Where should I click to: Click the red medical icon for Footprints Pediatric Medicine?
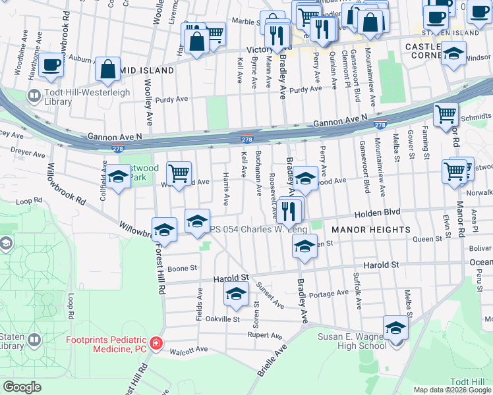tap(156, 344)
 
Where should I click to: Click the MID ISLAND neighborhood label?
tap(147, 70)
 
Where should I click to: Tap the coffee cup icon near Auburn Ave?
tap(51, 65)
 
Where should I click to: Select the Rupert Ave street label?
tap(265, 335)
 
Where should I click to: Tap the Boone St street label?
tap(183, 268)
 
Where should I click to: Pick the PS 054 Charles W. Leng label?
tap(250, 229)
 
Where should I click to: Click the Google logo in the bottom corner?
tap(22, 387)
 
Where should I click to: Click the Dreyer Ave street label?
tap(28, 153)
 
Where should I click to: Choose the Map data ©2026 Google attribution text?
tap(452, 390)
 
